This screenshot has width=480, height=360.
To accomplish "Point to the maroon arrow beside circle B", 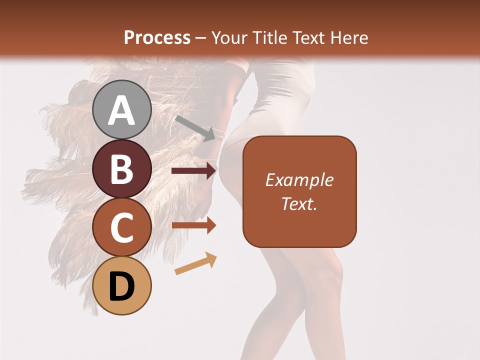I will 193,171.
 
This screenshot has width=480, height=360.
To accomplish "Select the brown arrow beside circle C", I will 193,225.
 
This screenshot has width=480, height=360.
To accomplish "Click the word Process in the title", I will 157,38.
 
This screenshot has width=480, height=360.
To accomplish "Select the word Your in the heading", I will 229,38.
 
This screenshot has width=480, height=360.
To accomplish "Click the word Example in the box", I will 299,180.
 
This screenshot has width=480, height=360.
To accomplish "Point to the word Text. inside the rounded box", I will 299,203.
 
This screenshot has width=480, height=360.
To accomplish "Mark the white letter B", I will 121,169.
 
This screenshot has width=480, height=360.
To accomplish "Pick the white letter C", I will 121,228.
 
